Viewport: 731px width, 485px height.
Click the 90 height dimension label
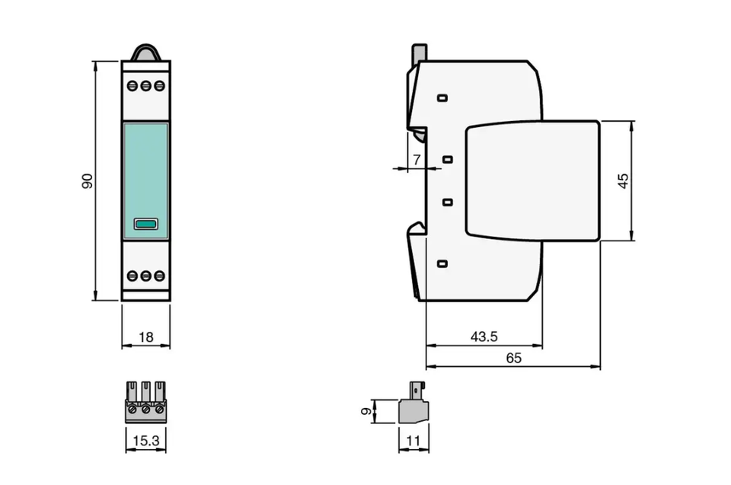click(x=87, y=181)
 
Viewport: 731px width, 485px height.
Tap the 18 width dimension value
click(x=146, y=337)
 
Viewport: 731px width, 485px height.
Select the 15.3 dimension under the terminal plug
click(x=146, y=440)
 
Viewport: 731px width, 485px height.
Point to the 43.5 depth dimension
click(x=484, y=337)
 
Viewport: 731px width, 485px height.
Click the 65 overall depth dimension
click(x=513, y=358)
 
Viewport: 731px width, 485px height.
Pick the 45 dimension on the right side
click(x=623, y=181)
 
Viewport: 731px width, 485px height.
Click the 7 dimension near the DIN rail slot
click(x=417, y=159)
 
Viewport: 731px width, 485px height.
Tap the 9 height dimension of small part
click(x=367, y=411)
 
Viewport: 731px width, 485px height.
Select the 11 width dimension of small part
click(x=413, y=441)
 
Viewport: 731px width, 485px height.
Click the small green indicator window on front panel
click(x=146, y=224)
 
